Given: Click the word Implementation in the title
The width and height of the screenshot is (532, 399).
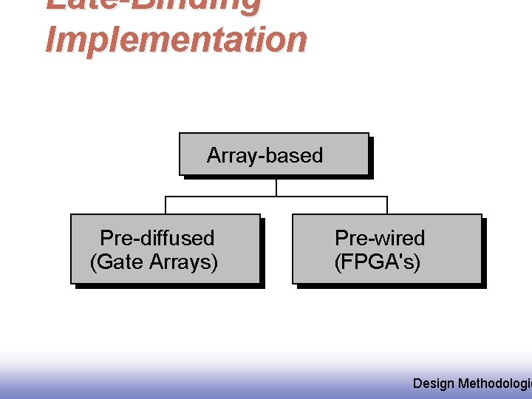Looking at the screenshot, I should tap(176, 39).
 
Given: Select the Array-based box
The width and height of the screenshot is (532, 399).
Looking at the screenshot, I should tap(273, 154).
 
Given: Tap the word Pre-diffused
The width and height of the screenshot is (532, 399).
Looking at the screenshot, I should tap(157, 238).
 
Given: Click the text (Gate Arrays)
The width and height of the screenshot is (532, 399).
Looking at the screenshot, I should tap(154, 262).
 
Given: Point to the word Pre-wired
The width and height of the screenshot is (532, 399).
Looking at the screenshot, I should tap(380, 238).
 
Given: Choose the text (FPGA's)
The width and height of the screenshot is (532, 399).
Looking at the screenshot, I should tap(378, 262).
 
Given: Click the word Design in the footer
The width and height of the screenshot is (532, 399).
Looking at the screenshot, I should tap(434, 383).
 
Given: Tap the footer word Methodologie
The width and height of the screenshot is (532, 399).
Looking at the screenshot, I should tap(494, 383).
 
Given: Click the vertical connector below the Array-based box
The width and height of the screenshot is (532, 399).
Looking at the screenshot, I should tap(276, 187).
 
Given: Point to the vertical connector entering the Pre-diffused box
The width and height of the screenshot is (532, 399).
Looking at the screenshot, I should tap(166, 205).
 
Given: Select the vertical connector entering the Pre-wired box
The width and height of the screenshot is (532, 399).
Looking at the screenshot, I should tap(387, 205).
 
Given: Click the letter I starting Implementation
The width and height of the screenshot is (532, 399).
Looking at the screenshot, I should tap(50, 39).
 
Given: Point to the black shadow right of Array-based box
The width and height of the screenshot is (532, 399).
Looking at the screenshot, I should tap(371, 157).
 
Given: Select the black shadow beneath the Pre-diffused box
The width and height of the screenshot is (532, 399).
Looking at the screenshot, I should tap(168, 286).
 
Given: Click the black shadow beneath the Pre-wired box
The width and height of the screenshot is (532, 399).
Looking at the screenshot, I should tap(390, 286).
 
